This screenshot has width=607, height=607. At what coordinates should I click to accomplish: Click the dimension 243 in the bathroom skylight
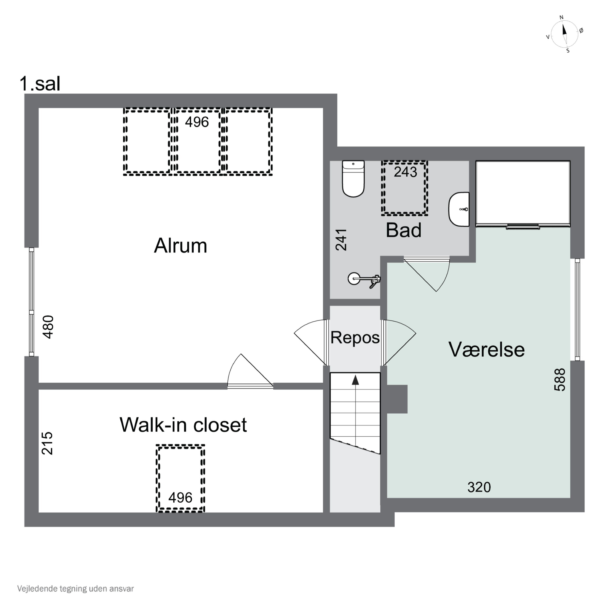pos(405,172)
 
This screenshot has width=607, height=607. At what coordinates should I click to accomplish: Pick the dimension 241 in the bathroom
pos(341,240)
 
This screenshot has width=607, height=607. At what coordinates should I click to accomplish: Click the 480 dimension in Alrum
pos(48,327)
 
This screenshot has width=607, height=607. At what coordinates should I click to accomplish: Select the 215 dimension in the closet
pos(47,443)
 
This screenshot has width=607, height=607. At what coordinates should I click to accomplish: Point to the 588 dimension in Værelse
pos(560,380)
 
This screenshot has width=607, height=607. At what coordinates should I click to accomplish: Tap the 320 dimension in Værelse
pos(479,487)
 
